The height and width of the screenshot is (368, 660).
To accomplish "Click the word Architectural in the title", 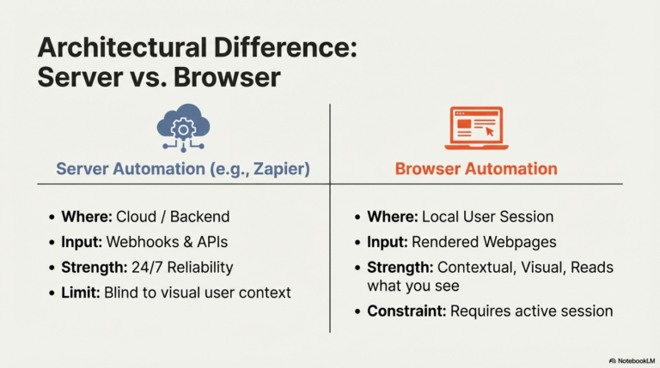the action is (x=122, y=47).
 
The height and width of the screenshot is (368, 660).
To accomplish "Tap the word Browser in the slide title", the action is (x=227, y=77).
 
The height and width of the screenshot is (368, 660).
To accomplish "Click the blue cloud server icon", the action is (x=183, y=128).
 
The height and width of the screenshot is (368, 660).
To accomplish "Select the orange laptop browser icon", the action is (x=476, y=128).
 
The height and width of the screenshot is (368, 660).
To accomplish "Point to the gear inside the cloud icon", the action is (x=183, y=130).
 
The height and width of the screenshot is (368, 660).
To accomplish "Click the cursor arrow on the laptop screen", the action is (x=490, y=132).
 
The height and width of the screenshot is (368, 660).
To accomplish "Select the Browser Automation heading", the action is (x=476, y=169).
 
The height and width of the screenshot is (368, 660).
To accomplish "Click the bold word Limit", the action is (x=81, y=293).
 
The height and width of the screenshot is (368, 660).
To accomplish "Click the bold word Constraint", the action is (x=406, y=311).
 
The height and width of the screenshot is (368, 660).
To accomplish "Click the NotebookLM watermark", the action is (x=632, y=361).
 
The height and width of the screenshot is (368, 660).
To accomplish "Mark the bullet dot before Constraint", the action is (x=357, y=311).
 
